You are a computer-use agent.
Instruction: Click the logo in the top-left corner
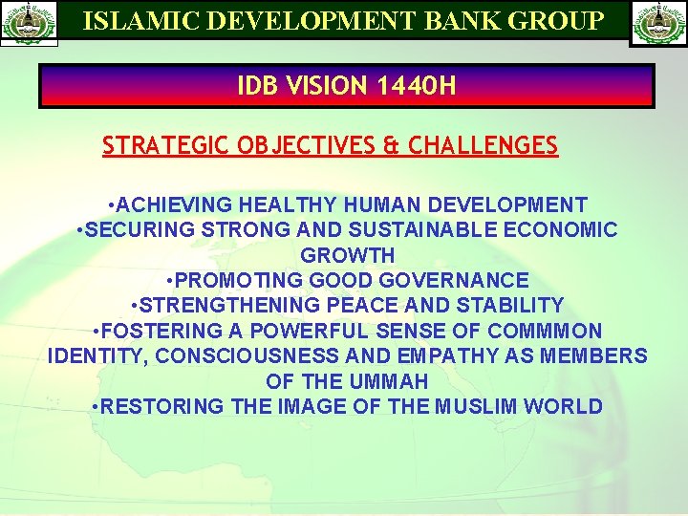pos(30,23)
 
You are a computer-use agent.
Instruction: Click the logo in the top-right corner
pos(657,23)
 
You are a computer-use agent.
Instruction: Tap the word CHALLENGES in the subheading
pos(483,146)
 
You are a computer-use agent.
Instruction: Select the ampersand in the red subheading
pos(391,146)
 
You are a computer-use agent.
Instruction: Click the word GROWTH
pos(347,255)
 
